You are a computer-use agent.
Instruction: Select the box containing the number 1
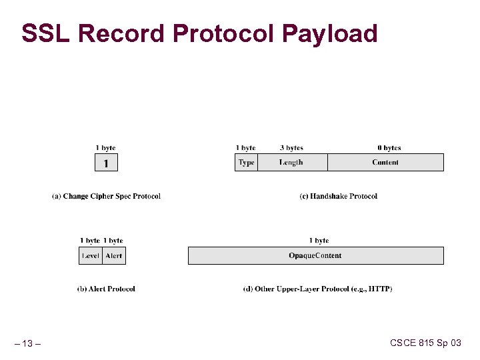click(106, 163)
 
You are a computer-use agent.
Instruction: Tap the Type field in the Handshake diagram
click(247, 163)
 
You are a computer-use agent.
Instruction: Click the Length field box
click(292, 163)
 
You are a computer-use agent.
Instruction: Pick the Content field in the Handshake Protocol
click(385, 163)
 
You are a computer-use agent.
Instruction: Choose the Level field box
click(91, 255)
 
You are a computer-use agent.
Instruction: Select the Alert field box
click(114, 255)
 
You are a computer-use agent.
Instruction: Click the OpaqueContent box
click(315, 255)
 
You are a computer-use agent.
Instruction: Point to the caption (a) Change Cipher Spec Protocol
click(106, 196)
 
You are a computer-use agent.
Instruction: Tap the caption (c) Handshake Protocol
click(338, 196)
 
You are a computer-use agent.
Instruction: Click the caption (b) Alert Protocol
click(106, 289)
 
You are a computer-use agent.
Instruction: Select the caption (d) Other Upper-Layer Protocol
click(317, 289)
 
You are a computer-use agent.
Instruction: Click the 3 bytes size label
click(291, 148)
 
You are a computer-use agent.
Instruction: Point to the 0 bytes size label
click(389, 148)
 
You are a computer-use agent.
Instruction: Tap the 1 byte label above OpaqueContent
click(319, 241)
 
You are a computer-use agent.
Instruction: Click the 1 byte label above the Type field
click(245, 148)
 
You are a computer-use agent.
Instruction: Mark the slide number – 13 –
click(27, 343)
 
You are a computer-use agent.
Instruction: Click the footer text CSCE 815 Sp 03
click(425, 343)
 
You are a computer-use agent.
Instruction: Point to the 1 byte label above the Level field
click(89, 241)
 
